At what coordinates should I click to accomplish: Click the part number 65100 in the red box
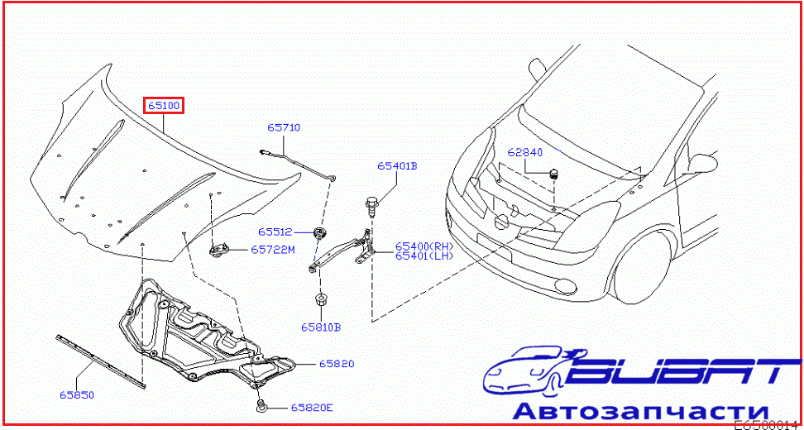coord(164,106)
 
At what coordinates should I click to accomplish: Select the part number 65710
coord(284,128)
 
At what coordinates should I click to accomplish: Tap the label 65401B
coord(397,166)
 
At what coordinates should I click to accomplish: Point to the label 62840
coord(525,153)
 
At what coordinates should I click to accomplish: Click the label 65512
coord(274,232)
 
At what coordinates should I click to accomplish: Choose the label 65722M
coord(273,249)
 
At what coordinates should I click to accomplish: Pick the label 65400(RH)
coord(424,246)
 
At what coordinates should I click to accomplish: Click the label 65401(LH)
coord(424,256)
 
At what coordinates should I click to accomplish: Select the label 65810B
coord(321,327)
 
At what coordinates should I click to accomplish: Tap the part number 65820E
coord(311,408)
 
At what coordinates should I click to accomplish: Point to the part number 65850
coord(76,395)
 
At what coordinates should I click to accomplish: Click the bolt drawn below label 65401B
coord(373,203)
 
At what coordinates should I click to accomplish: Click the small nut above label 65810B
coord(319,299)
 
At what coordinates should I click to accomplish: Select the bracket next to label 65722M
coord(221,248)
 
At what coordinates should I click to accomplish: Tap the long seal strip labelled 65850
coord(99,360)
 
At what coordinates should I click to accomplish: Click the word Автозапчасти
coord(641,411)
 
